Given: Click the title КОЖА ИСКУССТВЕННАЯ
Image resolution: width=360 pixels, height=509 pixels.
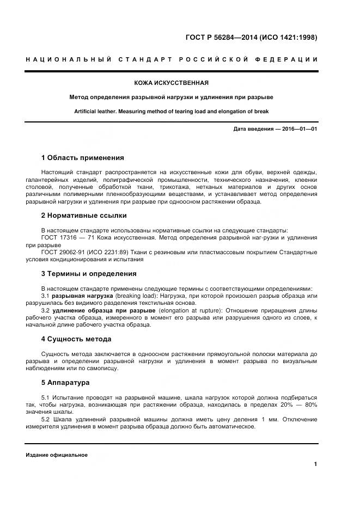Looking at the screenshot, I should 172,83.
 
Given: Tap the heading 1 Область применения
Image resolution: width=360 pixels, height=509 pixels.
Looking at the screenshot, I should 82,158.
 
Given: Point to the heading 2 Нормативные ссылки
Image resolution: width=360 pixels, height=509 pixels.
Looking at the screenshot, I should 84,215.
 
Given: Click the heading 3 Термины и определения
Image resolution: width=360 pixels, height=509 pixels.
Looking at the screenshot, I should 89,274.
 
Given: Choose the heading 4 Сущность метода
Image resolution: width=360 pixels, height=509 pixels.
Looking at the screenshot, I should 76,339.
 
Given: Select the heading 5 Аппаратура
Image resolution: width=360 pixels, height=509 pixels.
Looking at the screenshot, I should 65,383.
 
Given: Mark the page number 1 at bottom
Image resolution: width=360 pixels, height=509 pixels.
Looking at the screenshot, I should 315,464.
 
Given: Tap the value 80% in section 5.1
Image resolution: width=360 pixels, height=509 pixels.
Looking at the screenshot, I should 310,405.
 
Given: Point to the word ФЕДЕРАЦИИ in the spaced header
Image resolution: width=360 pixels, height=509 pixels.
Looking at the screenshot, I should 286,59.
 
